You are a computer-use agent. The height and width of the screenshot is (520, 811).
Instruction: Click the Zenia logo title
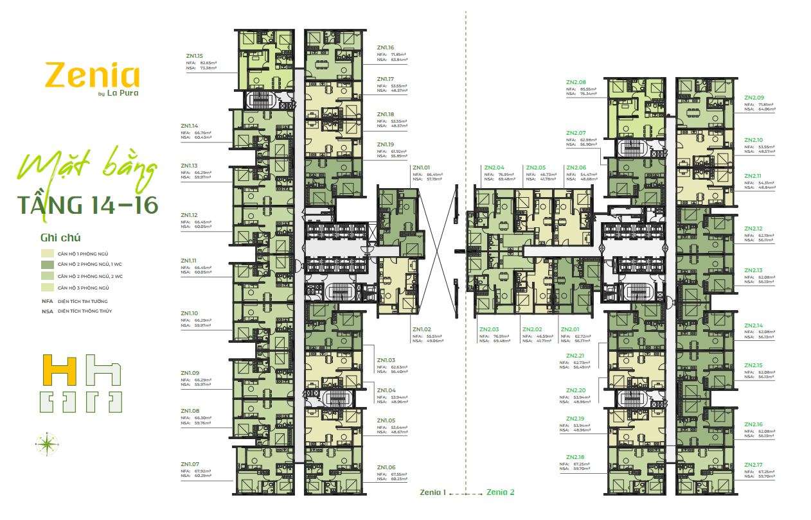pyautogui.click(x=92, y=76)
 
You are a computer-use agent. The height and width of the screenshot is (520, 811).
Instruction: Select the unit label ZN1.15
pyautogui.click(x=192, y=55)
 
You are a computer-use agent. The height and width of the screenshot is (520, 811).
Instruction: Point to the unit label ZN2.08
pyautogui.click(x=576, y=82)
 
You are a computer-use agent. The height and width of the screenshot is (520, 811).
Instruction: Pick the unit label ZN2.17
pyautogui.click(x=753, y=464)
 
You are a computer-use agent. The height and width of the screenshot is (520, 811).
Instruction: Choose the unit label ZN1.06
pyautogui.click(x=386, y=467)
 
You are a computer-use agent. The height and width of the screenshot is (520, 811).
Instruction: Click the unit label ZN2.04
pyautogui.click(x=494, y=167)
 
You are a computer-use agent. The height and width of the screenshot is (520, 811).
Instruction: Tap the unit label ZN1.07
pyautogui.click(x=191, y=464)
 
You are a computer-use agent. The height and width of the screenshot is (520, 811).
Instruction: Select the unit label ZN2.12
pyautogui.click(x=753, y=229)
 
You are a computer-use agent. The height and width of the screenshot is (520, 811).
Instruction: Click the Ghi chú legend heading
pyautogui.click(x=60, y=237)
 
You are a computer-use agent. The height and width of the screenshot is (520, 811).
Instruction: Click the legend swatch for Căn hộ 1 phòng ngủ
pyautogui.click(x=47, y=253)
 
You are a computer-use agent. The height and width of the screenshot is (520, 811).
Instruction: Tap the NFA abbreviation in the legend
pyautogui.click(x=46, y=300)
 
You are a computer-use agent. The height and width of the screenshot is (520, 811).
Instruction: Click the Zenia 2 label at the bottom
pyautogui.click(x=501, y=492)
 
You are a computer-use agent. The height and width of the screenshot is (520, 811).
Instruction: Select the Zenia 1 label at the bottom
pyautogui.click(x=432, y=492)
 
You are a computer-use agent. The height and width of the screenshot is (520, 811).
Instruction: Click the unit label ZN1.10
pyautogui.click(x=190, y=313)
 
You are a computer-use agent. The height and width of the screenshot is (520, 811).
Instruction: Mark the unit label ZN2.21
pyautogui.click(x=576, y=356)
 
